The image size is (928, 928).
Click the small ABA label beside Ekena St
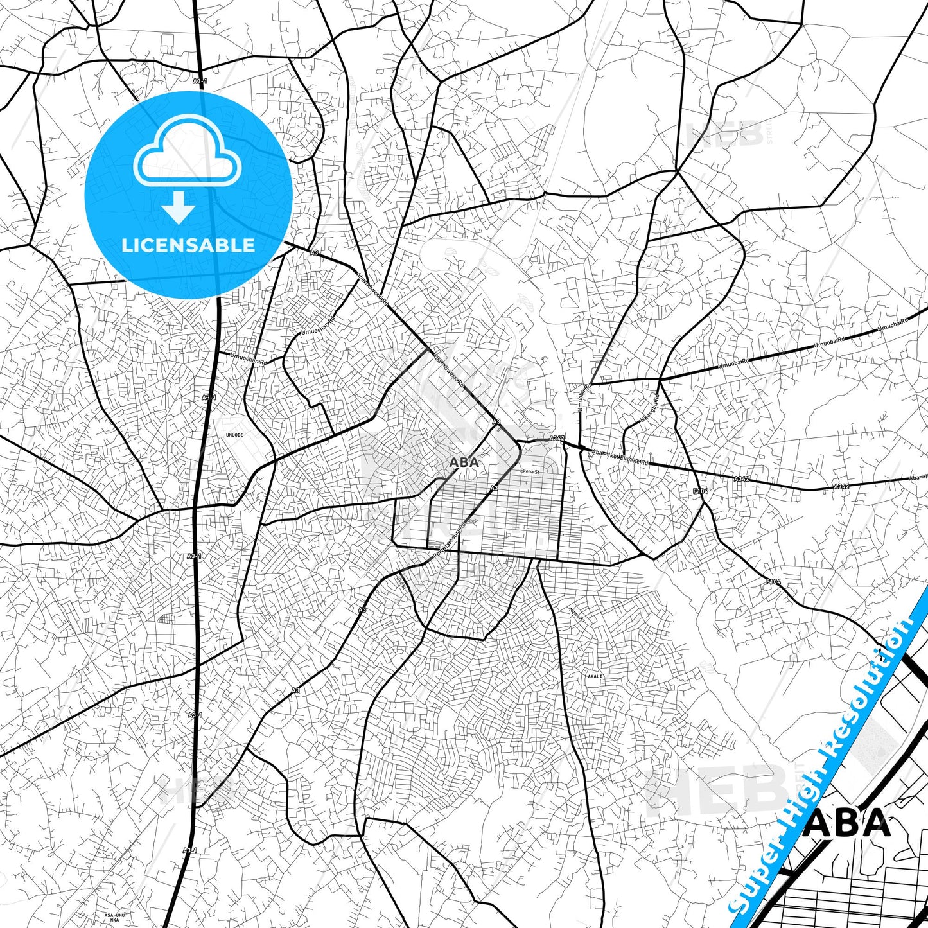[464, 462]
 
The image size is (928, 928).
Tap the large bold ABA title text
[848, 824]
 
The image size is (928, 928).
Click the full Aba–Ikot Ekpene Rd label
[620, 457]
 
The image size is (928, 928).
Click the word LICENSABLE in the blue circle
[188, 245]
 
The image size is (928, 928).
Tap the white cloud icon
[187, 157]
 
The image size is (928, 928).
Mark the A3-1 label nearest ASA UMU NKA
[189, 850]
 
